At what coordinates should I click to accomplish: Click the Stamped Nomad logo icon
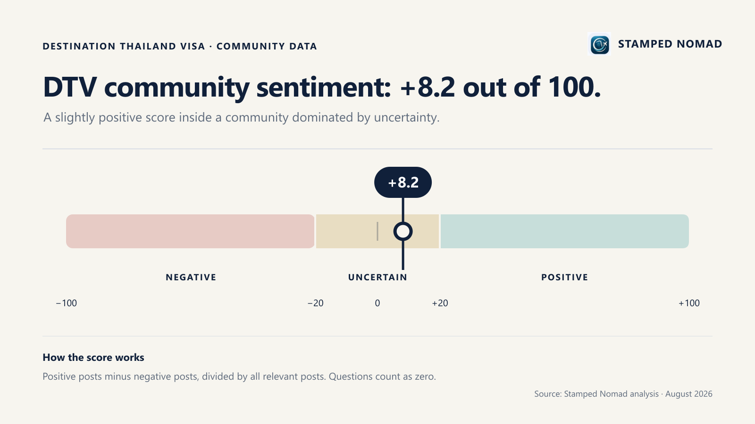[599, 44]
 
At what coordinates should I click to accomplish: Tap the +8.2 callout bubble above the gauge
[403, 182]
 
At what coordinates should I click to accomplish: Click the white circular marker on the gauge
[403, 231]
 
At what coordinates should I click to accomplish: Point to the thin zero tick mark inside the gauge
[377, 231]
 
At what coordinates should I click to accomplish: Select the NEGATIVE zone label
[191, 277]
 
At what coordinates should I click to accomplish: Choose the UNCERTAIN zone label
[377, 277]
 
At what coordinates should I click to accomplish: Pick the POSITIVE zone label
[564, 277]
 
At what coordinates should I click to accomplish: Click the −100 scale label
[67, 303]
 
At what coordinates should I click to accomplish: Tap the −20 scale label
[316, 303]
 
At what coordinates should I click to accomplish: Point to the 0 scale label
[377, 303]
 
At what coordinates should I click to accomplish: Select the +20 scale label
[440, 303]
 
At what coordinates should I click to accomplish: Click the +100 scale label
[689, 303]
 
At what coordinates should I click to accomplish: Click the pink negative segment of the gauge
[190, 231]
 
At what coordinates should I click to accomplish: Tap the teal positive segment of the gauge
[564, 231]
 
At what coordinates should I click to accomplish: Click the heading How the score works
[93, 358]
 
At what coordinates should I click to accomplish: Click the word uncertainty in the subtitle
[406, 118]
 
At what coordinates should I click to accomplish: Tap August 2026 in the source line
[688, 394]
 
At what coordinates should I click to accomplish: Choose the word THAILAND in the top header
[148, 46]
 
